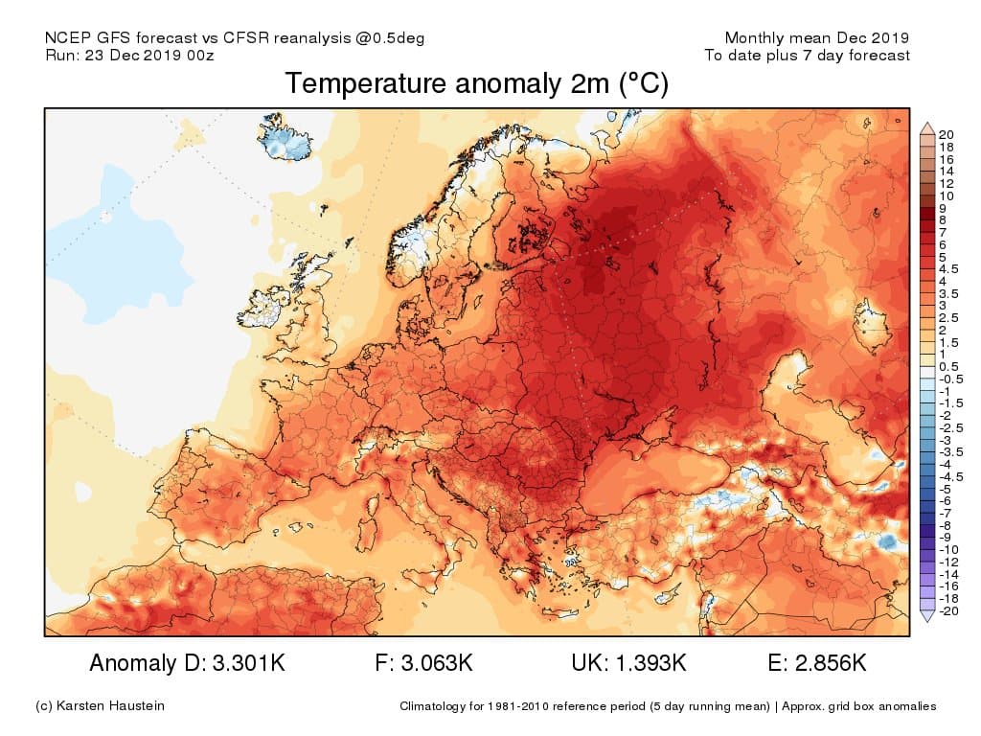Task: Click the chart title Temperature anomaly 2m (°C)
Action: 476,84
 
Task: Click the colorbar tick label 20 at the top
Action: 947,134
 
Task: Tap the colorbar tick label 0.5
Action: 948,367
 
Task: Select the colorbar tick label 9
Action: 943,208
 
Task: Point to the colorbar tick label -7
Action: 945,513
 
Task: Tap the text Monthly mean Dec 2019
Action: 816,38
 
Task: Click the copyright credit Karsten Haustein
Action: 100,706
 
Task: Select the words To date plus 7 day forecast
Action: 807,56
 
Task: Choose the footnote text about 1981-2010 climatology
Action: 668,707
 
